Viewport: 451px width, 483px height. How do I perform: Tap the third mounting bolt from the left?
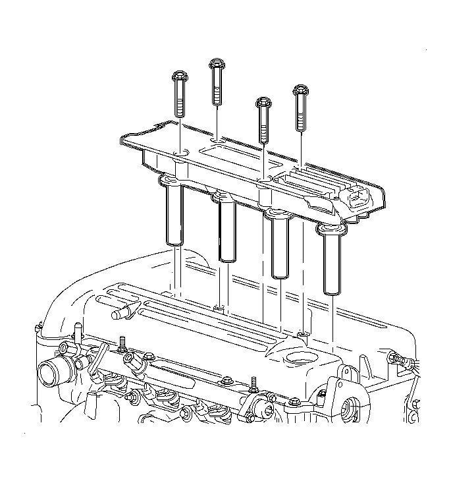click(263, 119)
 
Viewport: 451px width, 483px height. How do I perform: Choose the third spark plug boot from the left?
click(279, 244)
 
